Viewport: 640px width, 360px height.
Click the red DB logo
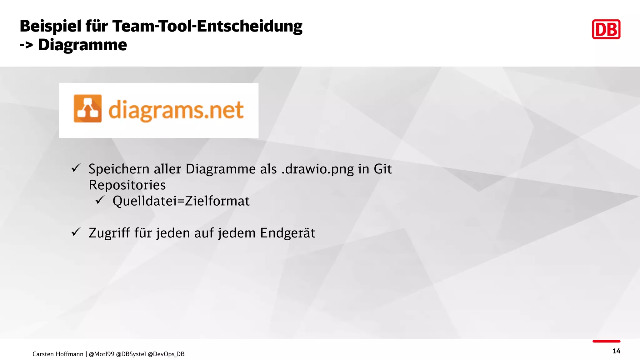(606, 29)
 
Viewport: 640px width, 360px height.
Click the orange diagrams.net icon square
(87, 108)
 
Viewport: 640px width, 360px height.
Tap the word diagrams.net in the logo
(176, 110)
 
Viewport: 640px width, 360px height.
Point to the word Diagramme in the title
(82, 45)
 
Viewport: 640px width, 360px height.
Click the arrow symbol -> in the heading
(26, 45)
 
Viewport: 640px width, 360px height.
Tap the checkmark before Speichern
(76, 168)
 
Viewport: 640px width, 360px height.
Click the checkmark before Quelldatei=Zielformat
(100, 200)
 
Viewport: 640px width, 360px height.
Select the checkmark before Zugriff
(76, 232)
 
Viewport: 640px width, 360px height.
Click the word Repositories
(127, 185)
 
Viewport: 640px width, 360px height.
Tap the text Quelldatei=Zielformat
(181, 201)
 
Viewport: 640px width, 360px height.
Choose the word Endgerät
(287, 233)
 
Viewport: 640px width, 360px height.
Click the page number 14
(616, 351)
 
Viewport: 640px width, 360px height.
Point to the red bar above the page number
(606, 341)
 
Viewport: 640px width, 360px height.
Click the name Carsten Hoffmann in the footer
(58, 354)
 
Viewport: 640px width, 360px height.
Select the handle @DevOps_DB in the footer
(166, 354)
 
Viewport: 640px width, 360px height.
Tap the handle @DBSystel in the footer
(131, 354)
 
